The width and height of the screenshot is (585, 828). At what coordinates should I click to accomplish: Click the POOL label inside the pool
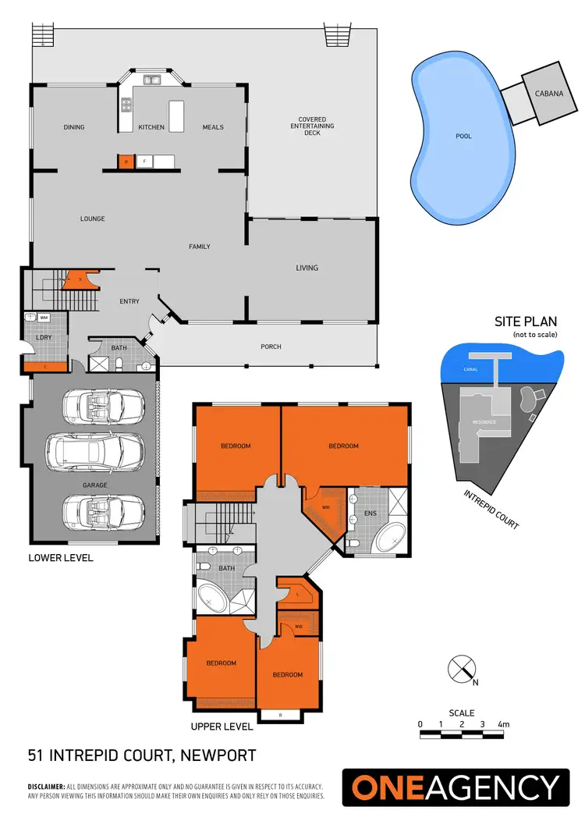[463, 137]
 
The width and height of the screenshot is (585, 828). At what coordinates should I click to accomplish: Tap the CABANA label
[544, 94]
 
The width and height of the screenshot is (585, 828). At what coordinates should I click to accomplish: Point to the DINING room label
[74, 127]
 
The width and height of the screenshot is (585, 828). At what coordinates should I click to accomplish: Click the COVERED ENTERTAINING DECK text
[312, 126]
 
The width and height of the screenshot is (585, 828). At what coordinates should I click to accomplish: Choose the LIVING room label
[307, 268]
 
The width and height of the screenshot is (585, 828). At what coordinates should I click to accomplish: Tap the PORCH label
[271, 346]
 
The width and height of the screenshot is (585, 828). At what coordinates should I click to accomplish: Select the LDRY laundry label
[44, 338]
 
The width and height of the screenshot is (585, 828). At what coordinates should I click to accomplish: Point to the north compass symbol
[461, 669]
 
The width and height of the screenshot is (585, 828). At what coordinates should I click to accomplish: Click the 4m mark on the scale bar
[503, 725]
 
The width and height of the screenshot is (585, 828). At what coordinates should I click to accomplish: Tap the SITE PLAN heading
[523, 322]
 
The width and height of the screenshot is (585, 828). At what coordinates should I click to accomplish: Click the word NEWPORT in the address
[218, 755]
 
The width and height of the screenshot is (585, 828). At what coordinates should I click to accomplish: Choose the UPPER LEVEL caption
[222, 727]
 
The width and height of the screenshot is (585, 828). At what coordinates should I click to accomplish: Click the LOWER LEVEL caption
[61, 558]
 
